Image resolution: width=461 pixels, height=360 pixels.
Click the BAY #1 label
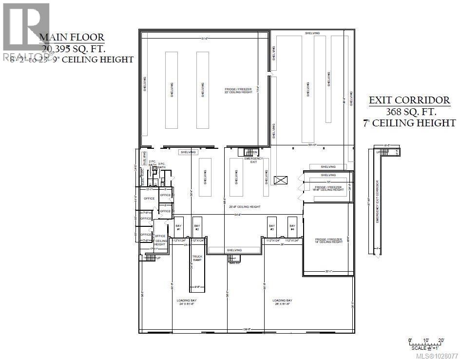(178, 227)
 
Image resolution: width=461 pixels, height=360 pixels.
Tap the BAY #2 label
(197, 227)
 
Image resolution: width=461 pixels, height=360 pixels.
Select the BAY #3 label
(272, 227)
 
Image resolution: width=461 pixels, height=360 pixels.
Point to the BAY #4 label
(292, 227)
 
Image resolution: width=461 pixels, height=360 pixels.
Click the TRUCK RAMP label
(197, 258)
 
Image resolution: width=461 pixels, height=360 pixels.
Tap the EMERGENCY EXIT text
(253, 160)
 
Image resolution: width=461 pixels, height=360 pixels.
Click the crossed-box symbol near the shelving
(281, 181)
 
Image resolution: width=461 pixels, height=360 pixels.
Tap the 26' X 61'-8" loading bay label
(283, 302)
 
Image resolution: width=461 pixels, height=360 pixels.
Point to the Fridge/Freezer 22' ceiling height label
(239, 91)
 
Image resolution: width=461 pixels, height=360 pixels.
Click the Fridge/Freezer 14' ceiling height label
(329, 240)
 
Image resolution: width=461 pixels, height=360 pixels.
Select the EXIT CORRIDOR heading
(409, 100)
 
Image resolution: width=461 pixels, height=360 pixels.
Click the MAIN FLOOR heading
(72, 37)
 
